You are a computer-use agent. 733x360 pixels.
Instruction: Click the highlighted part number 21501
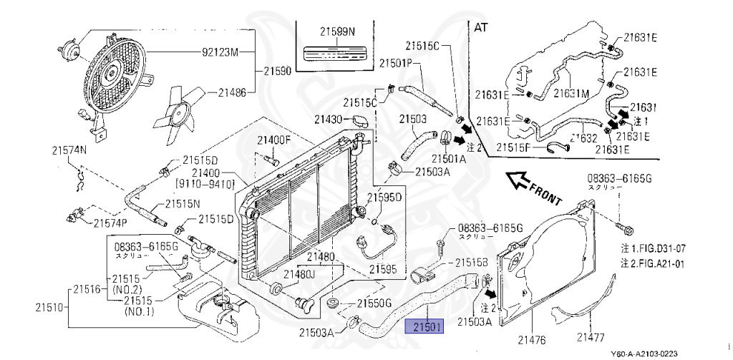(424, 327)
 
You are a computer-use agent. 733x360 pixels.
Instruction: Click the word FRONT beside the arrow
(546, 191)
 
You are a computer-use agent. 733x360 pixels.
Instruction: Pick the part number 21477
(592, 336)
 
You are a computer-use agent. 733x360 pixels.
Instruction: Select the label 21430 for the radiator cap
(329, 119)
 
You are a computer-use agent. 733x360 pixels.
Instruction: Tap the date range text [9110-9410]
(208, 184)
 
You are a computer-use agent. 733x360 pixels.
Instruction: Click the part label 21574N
(69, 150)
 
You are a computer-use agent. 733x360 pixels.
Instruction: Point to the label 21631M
(571, 93)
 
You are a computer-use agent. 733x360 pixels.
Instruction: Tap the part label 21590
(277, 71)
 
